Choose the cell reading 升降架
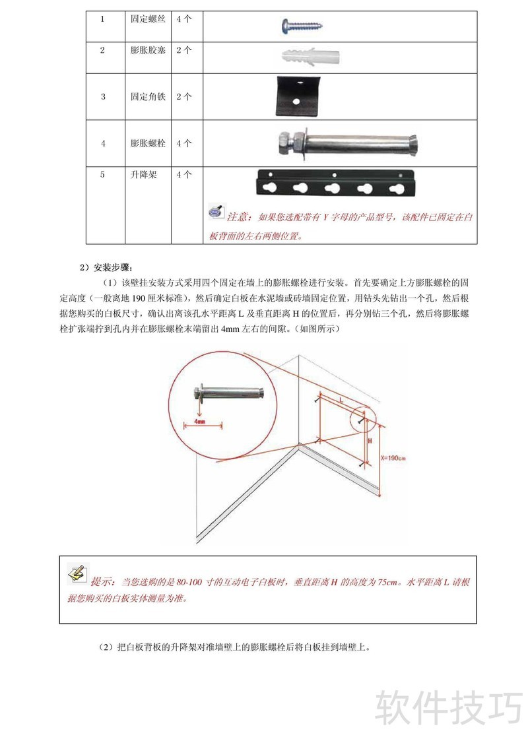click(x=143, y=176)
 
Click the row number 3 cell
click(x=103, y=96)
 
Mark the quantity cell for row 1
click(x=184, y=19)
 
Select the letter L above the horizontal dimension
click(x=341, y=400)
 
